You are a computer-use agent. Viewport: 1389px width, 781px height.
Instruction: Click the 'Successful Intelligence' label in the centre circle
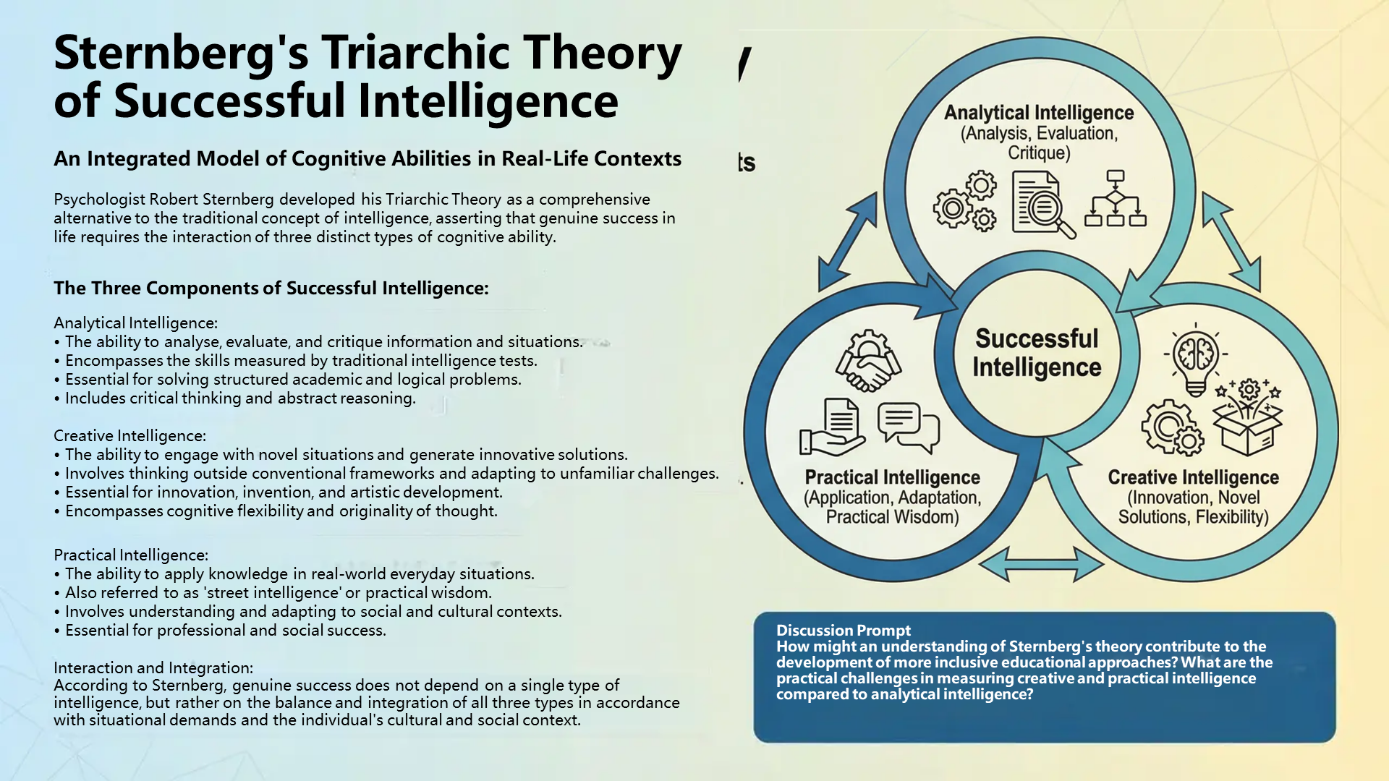(1037, 353)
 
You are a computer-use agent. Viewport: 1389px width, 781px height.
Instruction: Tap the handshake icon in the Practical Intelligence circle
(868, 361)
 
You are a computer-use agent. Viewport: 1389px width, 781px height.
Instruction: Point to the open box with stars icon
(1247, 417)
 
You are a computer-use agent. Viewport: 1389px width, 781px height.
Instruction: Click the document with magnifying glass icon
(1043, 205)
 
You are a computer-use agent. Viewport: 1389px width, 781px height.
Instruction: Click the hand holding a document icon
(832, 427)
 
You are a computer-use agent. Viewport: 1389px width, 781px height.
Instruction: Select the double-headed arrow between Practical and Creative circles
(1041, 564)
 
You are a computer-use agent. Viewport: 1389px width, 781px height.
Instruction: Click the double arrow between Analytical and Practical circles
(847, 242)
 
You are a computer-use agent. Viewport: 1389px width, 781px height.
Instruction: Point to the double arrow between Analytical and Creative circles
(1231, 242)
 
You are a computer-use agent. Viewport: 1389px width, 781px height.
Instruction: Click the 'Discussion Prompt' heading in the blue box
(843, 631)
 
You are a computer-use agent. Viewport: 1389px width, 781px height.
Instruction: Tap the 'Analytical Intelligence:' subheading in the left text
(135, 323)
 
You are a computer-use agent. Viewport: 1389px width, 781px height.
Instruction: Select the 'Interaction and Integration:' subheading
(153, 667)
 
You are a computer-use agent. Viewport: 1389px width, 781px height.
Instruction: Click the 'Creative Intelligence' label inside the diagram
(1193, 477)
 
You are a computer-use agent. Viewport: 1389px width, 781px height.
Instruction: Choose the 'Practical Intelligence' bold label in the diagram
(892, 477)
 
